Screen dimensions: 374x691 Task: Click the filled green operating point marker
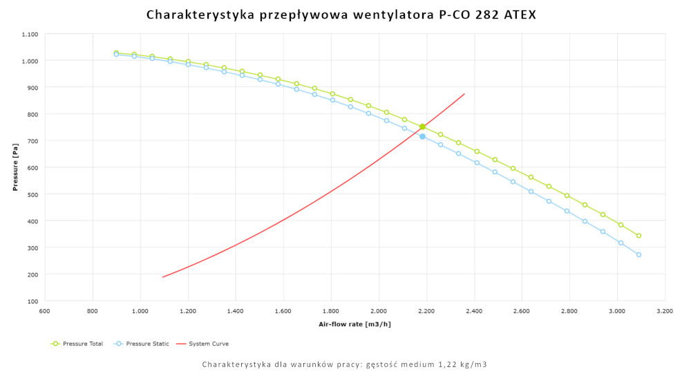point(422,127)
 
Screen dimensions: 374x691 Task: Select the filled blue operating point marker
point(422,136)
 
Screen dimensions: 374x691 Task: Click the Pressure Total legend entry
point(82,344)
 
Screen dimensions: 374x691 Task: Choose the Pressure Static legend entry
point(142,344)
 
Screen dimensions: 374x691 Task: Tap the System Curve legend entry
point(207,344)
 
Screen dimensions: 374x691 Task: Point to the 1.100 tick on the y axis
point(30,34)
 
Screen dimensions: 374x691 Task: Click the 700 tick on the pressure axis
point(32,140)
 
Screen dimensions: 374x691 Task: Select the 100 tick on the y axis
point(32,301)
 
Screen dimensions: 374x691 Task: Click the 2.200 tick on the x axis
point(426,312)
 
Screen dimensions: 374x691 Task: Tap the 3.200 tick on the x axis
point(665,312)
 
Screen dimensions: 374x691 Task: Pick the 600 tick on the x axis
point(45,312)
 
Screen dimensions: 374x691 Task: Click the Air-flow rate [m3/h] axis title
point(354,324)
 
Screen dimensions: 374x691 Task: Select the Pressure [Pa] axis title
point(15,167)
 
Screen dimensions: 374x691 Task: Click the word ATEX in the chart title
point(518,15)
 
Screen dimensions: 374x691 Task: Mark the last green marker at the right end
point(638,236)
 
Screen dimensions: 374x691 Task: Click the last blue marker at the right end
point(638,254)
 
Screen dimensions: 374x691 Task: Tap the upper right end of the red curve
point(464,94)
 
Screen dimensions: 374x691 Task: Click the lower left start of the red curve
point(163,277)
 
